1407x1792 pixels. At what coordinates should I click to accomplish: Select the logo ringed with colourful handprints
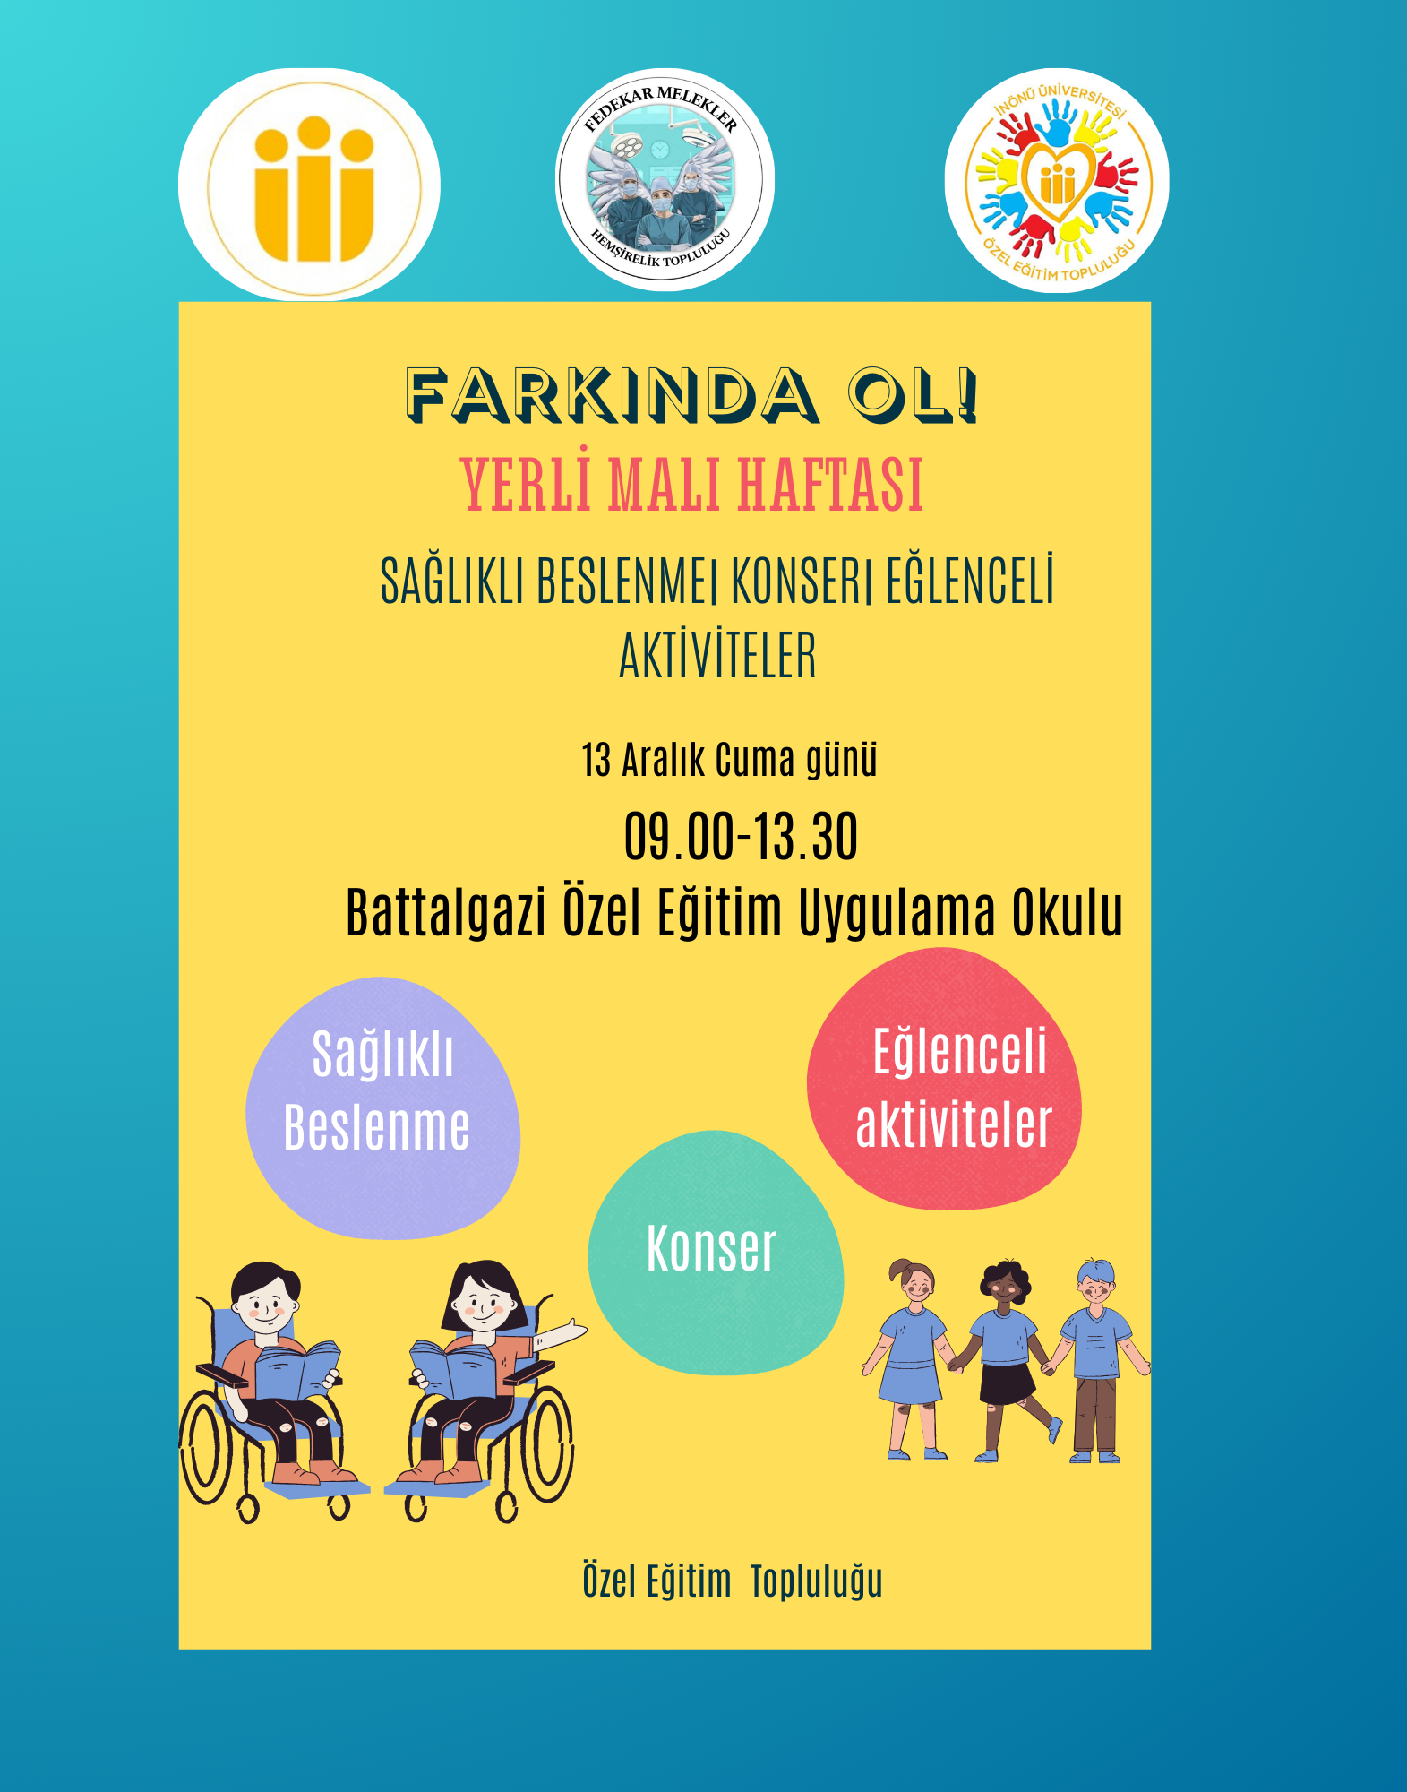(x=1057, y=181)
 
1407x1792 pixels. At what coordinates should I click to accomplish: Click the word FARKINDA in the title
(x=612, y=395)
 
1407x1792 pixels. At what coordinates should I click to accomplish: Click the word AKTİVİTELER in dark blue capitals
(x=718, y=655)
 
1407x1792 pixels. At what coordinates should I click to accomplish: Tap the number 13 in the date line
(x=596, y=761)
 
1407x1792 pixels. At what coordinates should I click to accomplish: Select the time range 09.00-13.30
(x=741, y=837)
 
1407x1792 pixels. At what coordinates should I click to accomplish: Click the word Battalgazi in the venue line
(x=446, y=912)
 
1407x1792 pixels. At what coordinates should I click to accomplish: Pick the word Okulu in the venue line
(x=1068, y=912)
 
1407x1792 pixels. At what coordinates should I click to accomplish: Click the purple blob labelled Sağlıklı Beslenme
(x=382, y=1108)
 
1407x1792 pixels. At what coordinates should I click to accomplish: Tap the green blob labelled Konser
(x=716, y=1253)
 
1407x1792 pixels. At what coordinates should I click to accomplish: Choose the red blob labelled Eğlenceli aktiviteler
(x=945, y=1079)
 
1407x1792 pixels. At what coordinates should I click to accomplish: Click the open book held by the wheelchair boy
(x=297, y=1370)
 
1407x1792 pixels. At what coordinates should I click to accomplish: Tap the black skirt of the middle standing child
(x=1008, y=1384)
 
